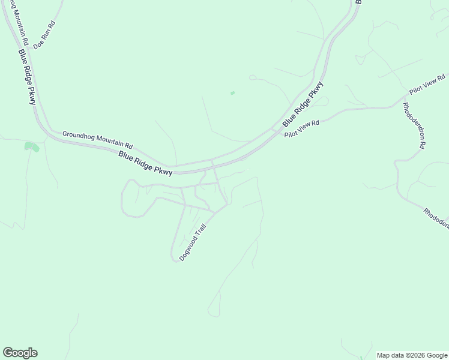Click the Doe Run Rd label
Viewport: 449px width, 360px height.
coord(44,35)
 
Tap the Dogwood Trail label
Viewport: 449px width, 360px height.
coord(192,242)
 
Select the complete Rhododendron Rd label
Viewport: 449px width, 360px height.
coord(414,125)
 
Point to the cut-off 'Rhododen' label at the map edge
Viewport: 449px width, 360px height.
coord(436,218)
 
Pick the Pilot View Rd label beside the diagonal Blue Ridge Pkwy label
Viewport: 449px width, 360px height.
coord(302,128)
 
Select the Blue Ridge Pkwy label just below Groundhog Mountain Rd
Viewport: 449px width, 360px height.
coord(145,163)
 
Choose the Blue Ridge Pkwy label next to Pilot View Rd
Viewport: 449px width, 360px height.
coord(303,104)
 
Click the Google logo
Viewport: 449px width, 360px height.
coord(20,353)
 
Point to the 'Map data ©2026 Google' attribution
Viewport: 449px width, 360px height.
coord(412,355)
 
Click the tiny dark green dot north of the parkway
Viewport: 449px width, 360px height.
coord(232,93)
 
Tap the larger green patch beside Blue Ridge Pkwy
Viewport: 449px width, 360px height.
coord(31,146)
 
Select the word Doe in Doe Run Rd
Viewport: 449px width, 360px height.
coord(38,43)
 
